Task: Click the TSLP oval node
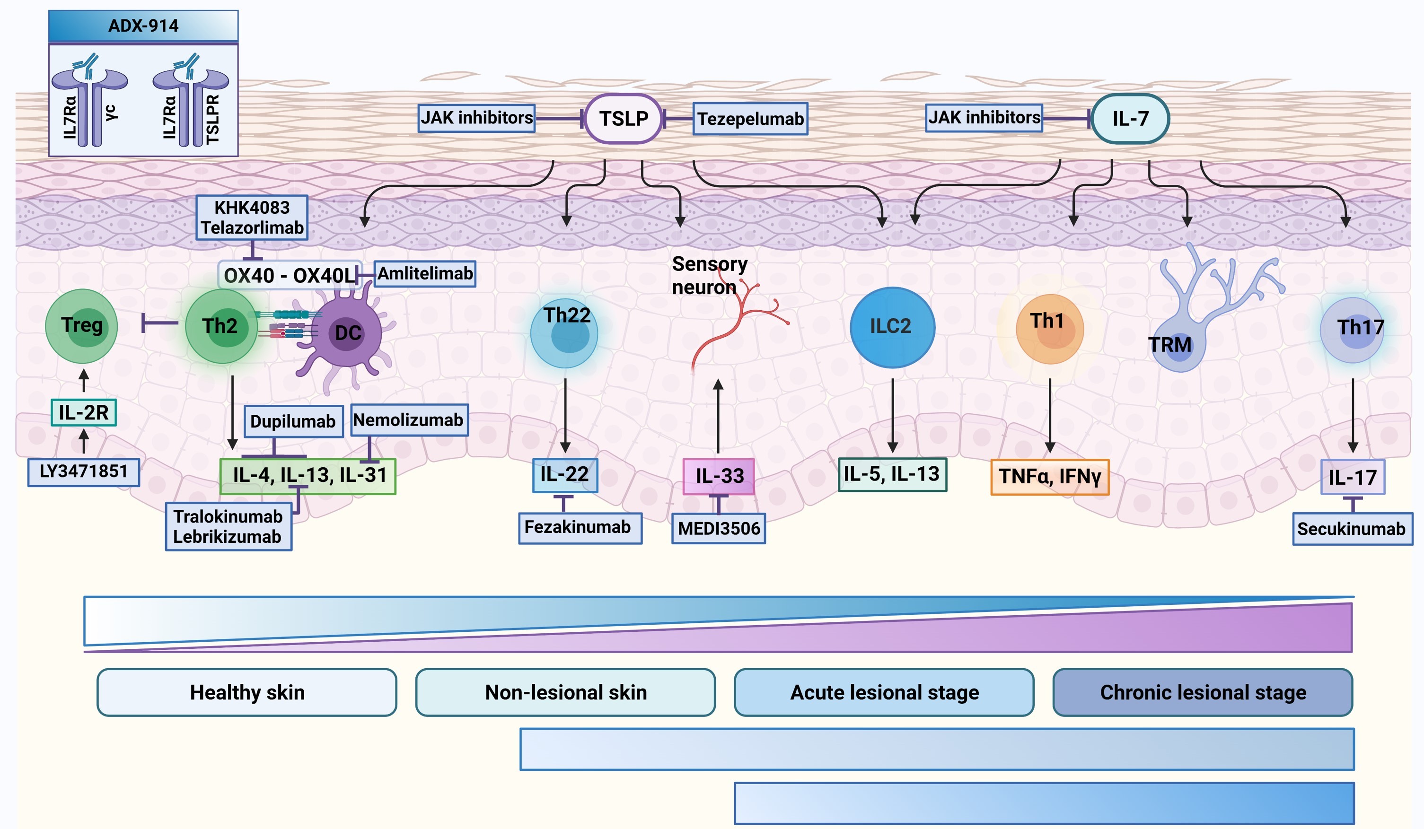tap(623, 119)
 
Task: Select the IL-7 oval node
tap(1130, 119)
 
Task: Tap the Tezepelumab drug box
tap(750, 119)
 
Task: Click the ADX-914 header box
tap(143, 26)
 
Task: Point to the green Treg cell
tap(81, 326)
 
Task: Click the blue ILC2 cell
tap(892, 327)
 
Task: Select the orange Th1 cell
tap(1049, 329)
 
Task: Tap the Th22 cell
tap(564, 333)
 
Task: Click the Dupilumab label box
tap(293, 421)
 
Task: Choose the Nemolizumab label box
tap(409, 420)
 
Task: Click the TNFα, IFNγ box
tap(1049, 477)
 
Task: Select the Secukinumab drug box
tap(1351, 529)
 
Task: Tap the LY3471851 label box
tap(84, 471)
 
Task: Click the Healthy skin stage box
tap(247, 692)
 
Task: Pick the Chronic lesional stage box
tap(1203, 692)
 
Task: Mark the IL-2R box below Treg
tap(84, 412)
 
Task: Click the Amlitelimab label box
tap(425, 274)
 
